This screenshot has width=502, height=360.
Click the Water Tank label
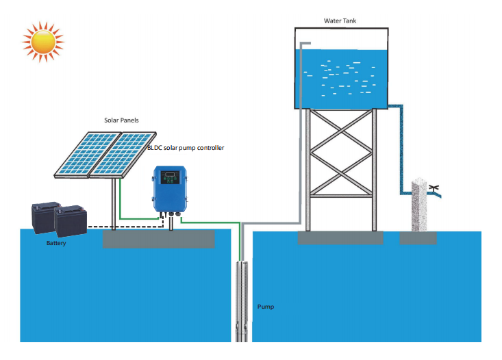click(x=340, y=21)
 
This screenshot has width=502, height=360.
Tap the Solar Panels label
click(x=121, y=120)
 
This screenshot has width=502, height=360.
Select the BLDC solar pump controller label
click(x=186, y=148)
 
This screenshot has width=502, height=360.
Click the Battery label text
click(x=56, y=243)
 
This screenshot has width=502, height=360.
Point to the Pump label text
click(x=266, y=307)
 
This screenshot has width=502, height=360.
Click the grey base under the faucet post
click(x=418, y=237)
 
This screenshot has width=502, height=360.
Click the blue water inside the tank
click(x=342, y=75)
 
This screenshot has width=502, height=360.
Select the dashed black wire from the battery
click(x=123, y=226)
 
